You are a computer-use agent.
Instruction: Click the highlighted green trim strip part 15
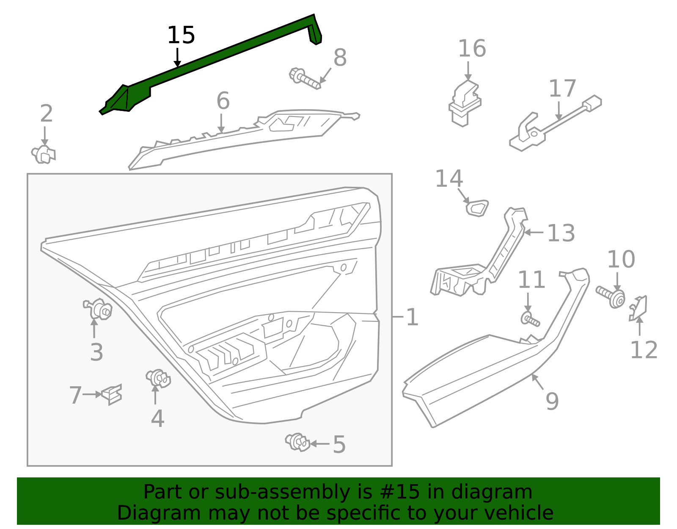click(220, 55)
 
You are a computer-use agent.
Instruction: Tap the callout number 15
click(181, 35)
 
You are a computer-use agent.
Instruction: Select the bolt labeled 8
click(304, 79)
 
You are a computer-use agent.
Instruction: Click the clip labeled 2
click(43, 155)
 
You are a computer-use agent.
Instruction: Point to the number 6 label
click(223, 101)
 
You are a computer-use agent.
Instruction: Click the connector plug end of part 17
click(592, 102)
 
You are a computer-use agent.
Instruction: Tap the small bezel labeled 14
click(477, 208)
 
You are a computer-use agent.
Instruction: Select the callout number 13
click(561, 233)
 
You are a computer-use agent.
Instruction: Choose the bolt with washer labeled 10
click(611, 296)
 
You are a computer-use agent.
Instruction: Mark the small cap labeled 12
click(638, 307)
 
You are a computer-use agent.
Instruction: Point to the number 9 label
click(552, 401)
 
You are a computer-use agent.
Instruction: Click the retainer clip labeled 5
click(298, 442)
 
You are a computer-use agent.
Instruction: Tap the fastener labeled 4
click(158, 378)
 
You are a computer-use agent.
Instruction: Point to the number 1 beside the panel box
click(412, 317)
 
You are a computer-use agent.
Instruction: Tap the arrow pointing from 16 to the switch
click(468, 70)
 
